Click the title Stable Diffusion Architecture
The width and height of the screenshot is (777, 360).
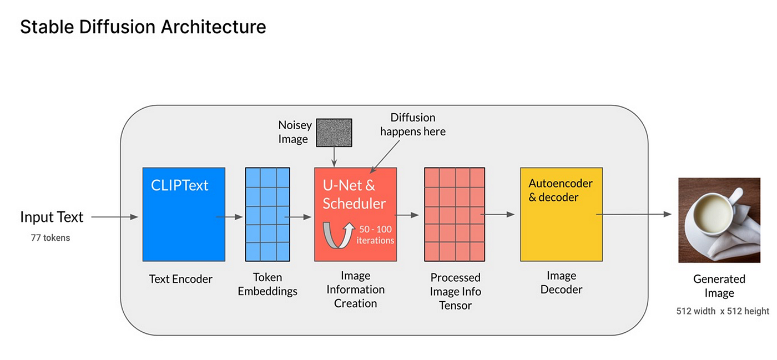click(x=143, y=27)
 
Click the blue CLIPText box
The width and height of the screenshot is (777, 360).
click(x=184, y=214)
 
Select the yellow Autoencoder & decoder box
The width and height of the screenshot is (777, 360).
click(x=561, y=214)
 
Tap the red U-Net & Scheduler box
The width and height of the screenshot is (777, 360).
click(x=356, y=214)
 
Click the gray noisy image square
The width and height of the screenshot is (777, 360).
click(x=334, y=133)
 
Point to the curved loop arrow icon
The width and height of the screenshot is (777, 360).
click(x=338, y=235)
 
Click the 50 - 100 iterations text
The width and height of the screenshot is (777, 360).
click(x=375, y=235)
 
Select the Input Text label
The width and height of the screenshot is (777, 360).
click(x=52, y=217)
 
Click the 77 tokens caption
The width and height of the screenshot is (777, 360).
click(x=51, y=238)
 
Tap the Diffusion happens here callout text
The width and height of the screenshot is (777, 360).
click(x=413, y=124)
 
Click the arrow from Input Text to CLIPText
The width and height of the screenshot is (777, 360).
click(x=115, y=217)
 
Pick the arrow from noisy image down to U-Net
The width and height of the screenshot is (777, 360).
click(x=334, y=157)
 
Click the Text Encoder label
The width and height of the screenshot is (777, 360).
click(x=181, y=279)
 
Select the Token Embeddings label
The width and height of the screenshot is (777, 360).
click(x=268, y=284)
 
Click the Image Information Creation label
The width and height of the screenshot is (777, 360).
click(x=356, y=289)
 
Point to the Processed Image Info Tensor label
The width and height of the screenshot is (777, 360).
click(x=456, y=291)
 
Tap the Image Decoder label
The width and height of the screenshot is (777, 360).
click(x=561, y=282)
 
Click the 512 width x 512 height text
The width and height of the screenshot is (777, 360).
click(x=723, y=311)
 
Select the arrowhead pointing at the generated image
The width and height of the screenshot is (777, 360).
click(x=667, y=214)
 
